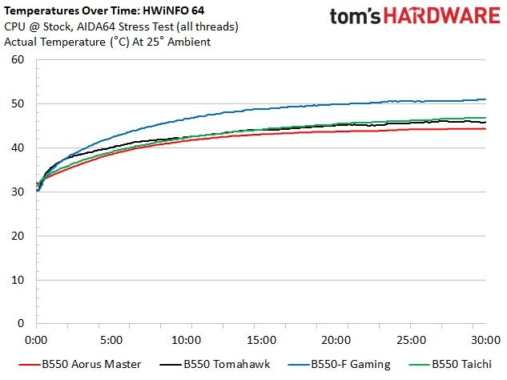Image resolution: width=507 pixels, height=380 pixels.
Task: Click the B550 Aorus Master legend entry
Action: (x=80, y=365)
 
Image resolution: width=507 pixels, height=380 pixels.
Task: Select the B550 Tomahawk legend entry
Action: (x=215, y=365)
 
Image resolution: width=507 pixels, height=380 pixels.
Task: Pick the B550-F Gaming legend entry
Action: (x=339, y=365)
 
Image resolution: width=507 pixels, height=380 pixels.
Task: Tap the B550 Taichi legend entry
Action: (x=450, y=365)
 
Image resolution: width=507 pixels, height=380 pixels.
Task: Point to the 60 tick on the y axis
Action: (x=18, y=59)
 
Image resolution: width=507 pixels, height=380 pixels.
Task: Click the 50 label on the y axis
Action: (x=18, y=103)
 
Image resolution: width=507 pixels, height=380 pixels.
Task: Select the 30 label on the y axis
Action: (x=18, y=192)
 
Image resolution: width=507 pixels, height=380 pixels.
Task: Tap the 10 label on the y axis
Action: (x=18, y=280)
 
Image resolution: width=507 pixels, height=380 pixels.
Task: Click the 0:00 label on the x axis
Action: (x=36, y=340)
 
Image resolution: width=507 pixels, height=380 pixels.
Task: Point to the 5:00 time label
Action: (x=111, y=340)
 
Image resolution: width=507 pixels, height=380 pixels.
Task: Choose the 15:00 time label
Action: (x=261, y=340)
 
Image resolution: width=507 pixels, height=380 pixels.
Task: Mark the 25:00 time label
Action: (x=411, y=340)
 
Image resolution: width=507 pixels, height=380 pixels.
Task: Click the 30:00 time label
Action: (x=485, y=340)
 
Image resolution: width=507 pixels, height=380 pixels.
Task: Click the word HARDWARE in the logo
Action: (x=442, y=15)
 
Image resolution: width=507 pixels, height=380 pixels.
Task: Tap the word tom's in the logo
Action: (x=355, y=16)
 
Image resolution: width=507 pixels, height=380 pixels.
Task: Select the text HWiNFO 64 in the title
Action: (x=174, y=10)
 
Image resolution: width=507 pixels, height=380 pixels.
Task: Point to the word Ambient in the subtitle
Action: (x=189, y=42)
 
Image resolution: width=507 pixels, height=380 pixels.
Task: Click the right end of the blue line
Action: (x=485, y=99)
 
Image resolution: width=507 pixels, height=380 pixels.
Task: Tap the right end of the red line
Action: (x=485, y=129)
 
